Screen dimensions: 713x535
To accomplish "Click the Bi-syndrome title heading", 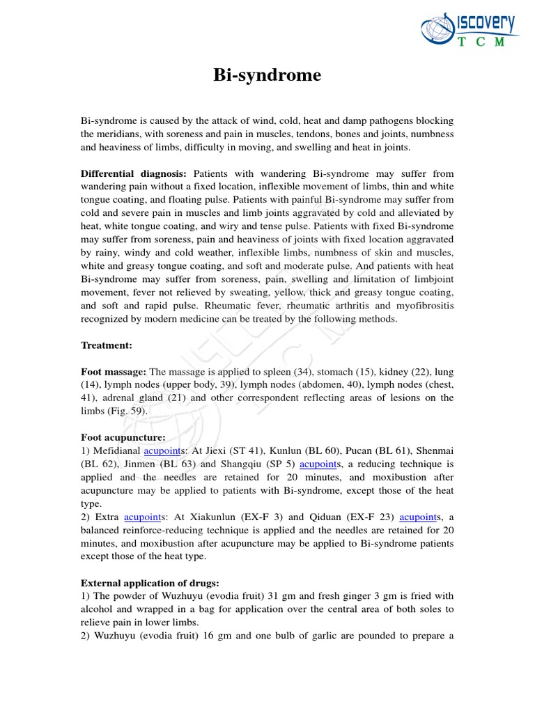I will pos(267,75).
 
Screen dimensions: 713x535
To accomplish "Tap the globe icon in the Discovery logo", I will pos(437,32).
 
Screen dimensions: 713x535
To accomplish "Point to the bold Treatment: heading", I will pos(107,345).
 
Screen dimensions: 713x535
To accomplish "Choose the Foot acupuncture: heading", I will pos(123,437).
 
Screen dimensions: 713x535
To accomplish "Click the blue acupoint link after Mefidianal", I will pos(162,450).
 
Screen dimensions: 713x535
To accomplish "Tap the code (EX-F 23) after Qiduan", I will pos(366,517).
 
